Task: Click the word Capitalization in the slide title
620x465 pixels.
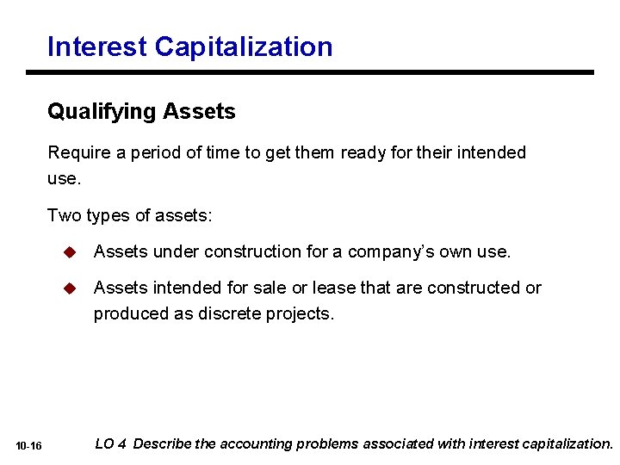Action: [244, 46]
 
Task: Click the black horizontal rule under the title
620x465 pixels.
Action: [320, 72]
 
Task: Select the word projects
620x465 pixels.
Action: [301, 313]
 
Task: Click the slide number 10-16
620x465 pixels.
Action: [28, 445]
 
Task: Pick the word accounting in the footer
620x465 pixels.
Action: [256, 443]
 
